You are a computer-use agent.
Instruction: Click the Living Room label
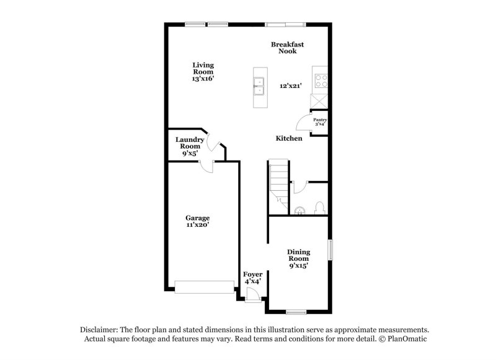203,71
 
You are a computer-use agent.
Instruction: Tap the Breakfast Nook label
287,47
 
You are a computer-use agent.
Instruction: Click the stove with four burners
321,80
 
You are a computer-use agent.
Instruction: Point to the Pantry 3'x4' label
320,121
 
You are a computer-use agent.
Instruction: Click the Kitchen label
289,138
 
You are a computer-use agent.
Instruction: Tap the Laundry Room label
189,146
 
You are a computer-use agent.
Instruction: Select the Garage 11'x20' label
198,221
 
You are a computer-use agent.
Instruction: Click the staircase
278,183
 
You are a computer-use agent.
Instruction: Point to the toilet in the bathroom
319,208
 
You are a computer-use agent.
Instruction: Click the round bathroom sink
299,211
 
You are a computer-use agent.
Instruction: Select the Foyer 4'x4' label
252,277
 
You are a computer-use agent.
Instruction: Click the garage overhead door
204,286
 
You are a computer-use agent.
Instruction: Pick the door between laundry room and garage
206,164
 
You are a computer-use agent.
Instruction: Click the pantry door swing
303,121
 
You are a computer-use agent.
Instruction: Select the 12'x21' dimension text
290,86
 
